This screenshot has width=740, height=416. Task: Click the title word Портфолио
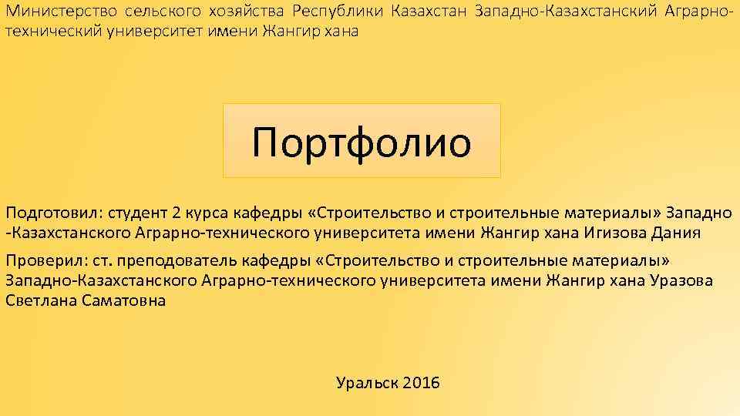click(x=362, y=143)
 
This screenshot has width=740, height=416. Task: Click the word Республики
click(x=337, y=12)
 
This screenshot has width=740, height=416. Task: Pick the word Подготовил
click(x=52, y=213)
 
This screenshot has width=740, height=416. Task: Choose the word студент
click(x=136, y=213)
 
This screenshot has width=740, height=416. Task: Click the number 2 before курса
click(x=177, y=213)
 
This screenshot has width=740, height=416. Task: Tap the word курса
click(x=207, y=213)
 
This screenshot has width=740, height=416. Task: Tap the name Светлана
click(x=42, y=300)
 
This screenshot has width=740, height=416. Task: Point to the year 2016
click(x=421, y=382)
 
